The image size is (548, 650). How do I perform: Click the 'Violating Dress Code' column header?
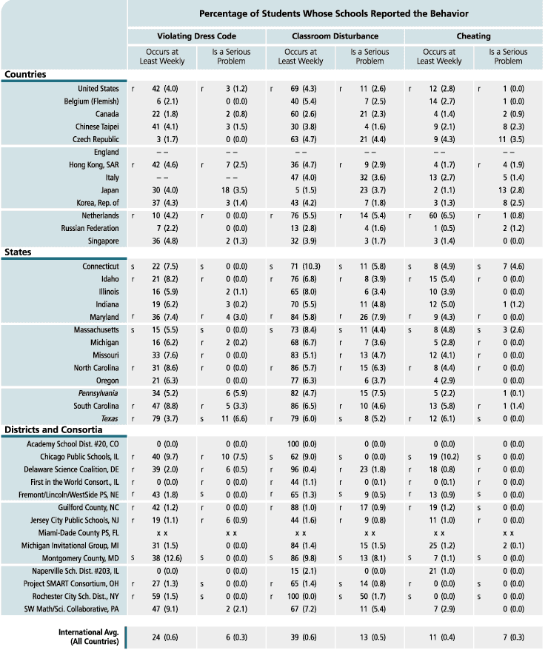(196, 36)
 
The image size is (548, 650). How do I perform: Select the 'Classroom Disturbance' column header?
(335, 36)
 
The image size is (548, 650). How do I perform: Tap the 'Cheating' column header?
(473, 36)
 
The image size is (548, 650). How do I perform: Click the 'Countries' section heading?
(25, 74)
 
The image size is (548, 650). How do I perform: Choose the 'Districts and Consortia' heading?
(53, 429)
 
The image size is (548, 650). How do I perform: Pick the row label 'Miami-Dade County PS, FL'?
(78, 532)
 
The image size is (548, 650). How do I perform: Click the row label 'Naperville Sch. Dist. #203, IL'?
(69, 572)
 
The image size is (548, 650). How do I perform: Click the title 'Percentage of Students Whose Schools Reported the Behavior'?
(334, 13)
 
